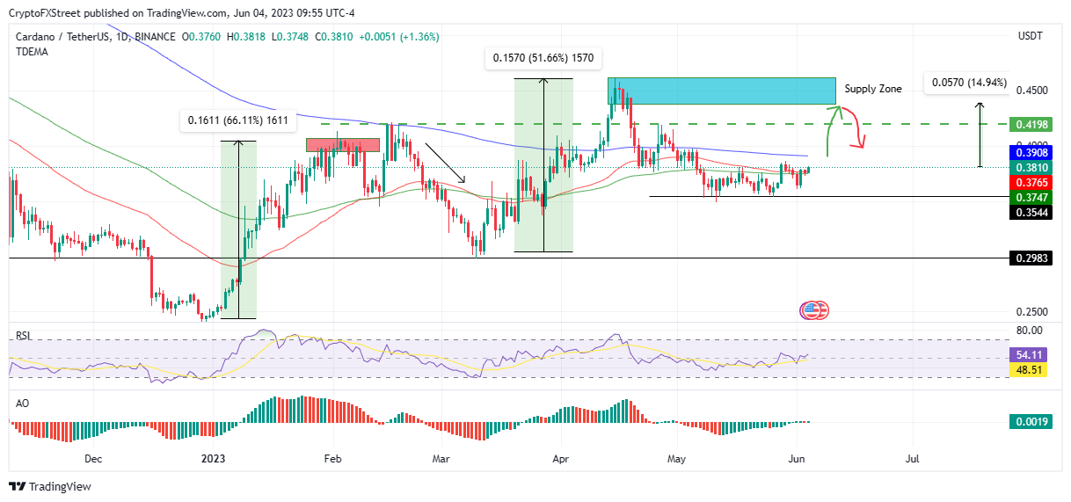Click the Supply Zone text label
(x=872, y=89)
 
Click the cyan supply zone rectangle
(x=721, y=91)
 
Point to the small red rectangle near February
(x=342, y=144)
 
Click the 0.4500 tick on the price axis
(x=1032, y=90)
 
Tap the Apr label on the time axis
(x=560, y=458)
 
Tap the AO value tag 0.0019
(x=1029, y=422)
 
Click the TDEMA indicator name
(x=32, y=52)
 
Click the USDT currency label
(x=1030, y=36)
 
